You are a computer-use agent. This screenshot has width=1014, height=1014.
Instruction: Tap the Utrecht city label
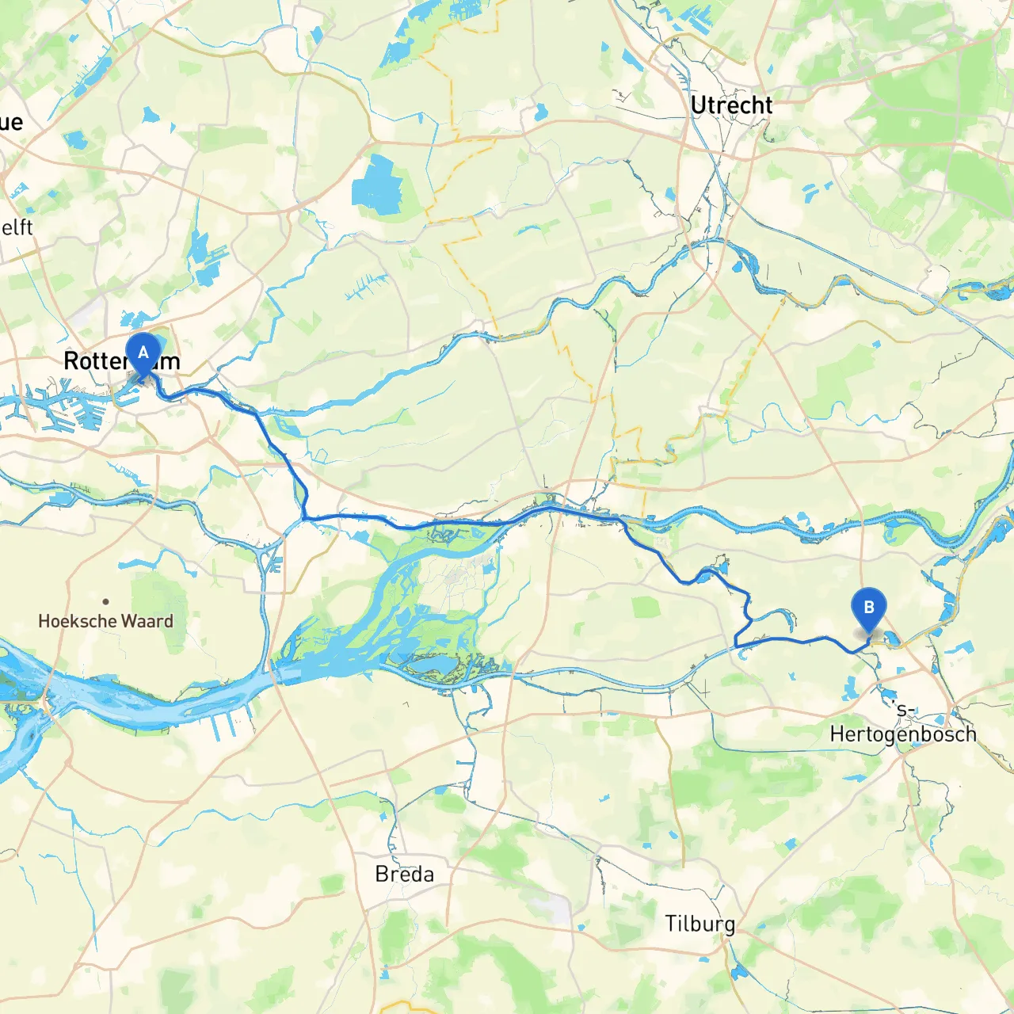730,105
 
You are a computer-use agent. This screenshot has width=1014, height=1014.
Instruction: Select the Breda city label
404,875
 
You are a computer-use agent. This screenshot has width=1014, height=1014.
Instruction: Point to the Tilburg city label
700,924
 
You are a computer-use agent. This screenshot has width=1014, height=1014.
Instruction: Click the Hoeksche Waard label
105,621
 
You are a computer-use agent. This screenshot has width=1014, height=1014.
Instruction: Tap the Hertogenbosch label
902,734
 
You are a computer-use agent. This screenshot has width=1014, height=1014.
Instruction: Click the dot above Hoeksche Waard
105,601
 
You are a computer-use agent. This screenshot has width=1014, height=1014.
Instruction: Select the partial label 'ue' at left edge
11,122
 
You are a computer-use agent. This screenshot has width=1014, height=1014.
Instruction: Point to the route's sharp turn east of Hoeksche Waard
304,518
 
